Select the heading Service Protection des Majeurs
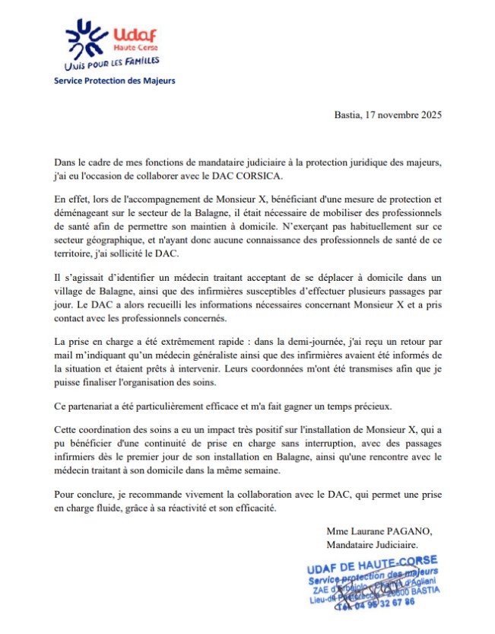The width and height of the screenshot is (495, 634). click(114, 80)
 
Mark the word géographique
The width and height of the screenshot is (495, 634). click(115, 239)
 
